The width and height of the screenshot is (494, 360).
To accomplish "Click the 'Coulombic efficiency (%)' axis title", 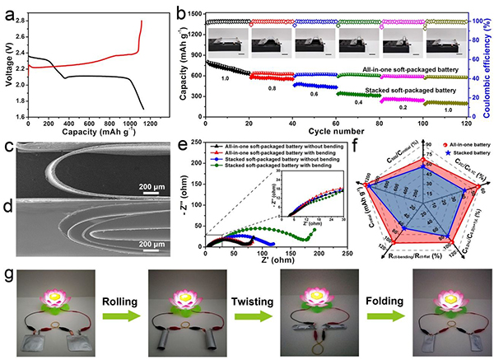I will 487,61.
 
